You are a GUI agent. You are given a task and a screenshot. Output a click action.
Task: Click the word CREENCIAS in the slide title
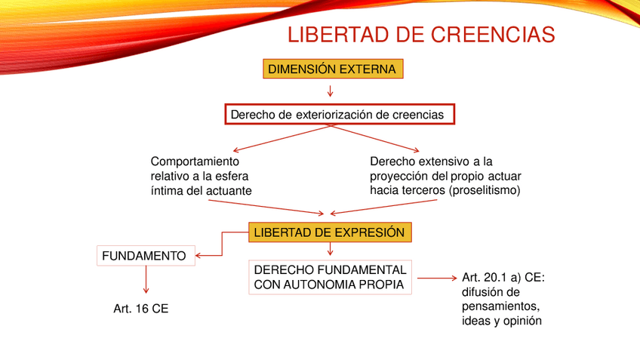click(x=493, y=34)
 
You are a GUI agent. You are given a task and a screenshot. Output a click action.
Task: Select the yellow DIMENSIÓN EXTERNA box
click(x=333, y=69)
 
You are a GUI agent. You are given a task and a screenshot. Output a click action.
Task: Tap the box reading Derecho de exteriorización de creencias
click(x=340, y=114)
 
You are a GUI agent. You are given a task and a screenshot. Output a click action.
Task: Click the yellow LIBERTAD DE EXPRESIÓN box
click(x=330, y=232)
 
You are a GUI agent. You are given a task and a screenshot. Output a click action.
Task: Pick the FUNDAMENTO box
click(x=146, y=256)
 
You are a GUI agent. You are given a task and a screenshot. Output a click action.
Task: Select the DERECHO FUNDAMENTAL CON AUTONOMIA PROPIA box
click(x=330, y=277)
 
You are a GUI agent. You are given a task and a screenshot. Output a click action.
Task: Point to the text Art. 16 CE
click(x=141, y=309)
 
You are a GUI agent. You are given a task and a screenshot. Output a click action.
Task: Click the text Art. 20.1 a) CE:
click(x=503, y=278)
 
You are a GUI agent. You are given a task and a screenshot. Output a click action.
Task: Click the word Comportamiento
click(x=195, y=162)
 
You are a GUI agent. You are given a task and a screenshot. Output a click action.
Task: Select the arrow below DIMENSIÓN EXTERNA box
click(x=331, y=91)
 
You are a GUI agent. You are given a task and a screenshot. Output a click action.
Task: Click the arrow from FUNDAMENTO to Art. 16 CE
click(x=146, y=279)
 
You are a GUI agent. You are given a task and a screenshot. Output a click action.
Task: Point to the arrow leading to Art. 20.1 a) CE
click(x=437, y=278)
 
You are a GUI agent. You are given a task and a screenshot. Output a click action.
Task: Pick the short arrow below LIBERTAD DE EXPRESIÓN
click(x=331, y=249)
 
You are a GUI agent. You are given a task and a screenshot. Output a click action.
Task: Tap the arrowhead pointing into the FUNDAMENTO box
click(x=198, y=256)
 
